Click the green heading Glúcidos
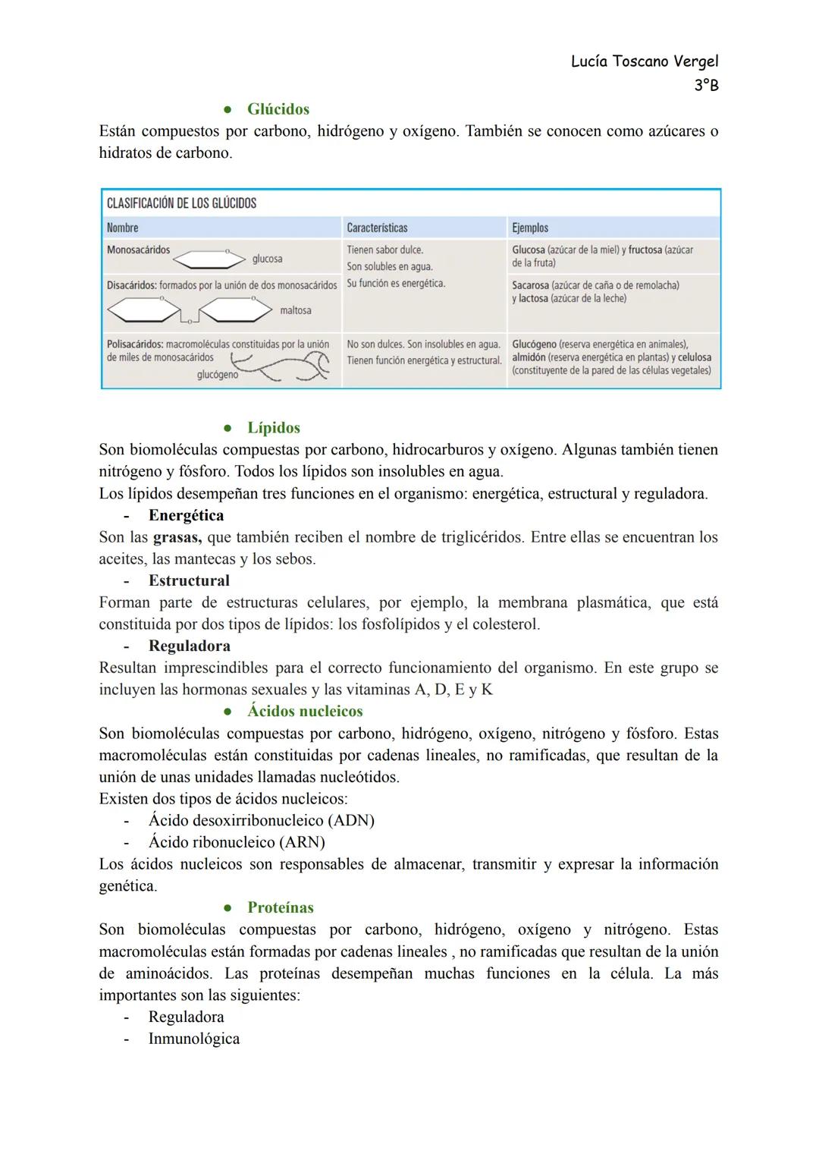click(278, 109)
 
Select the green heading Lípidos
click(273, 428)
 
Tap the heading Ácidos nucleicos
click(305, 712)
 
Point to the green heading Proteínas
click(280, 908)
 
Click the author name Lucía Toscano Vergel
click(644, 61)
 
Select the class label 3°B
click(706, 85)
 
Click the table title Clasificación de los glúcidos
click(181, 203)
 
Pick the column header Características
click(377, 228)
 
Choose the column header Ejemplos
click(530, 228)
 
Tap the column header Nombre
click(122, 228)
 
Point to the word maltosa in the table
click(295, 310)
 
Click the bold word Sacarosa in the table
click(530, 285)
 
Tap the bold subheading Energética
click(186, 516)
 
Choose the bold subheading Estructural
click(189, 581)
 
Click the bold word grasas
click(177, 538)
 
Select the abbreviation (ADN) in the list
click(351, 821)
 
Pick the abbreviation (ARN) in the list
click(302, 843)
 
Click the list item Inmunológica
click(193, 1039)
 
